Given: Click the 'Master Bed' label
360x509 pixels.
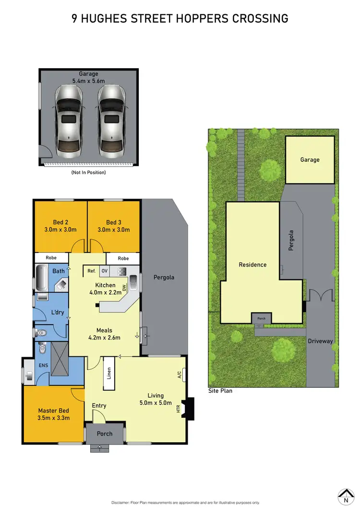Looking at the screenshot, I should coord(54,411).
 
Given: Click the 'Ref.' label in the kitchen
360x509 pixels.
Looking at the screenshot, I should coord(91,271).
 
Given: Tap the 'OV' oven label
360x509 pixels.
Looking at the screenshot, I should coord(104,271).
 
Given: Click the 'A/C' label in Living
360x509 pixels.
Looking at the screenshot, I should coord(180,375).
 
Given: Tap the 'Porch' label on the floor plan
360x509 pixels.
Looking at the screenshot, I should coord(105,434).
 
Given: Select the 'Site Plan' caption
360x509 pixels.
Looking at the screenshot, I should coord(220,391).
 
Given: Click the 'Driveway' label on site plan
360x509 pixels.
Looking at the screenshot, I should coord(320,341).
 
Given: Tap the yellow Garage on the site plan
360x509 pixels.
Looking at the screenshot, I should coord(310,160).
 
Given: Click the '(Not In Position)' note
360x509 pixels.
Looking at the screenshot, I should coord(88,172).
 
